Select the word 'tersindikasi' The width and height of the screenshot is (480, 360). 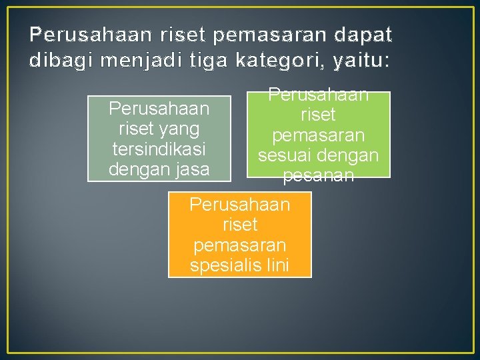[x=159, y=149]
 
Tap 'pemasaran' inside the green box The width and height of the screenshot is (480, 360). [x=319, y=135]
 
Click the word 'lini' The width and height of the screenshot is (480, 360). [x=275, y=265]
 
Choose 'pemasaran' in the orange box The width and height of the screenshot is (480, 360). [x=240, y=245]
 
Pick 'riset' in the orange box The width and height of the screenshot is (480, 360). [x=240, y=225]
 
